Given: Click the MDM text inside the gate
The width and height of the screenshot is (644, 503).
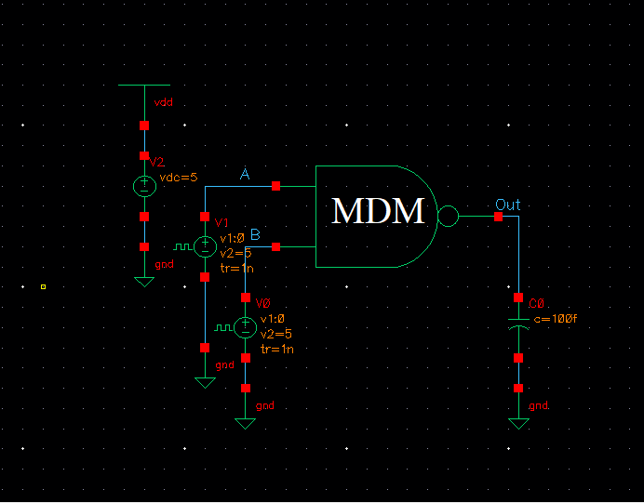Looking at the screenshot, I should point(378,212).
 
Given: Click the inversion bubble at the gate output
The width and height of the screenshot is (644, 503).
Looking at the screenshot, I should point(448,217).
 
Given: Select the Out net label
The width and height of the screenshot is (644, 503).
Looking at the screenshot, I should point(508,205).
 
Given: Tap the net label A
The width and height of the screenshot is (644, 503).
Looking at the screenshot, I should point(245,176).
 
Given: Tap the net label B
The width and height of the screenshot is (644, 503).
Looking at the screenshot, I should point(255,233).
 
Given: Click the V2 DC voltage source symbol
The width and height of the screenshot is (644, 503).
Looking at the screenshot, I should point(144,186).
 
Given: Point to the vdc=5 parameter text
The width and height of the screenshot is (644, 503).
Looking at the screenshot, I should point(179,177).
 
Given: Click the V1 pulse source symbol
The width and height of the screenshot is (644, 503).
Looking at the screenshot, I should point(205,246).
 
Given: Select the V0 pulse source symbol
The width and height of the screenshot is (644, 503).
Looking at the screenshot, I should point(245,327).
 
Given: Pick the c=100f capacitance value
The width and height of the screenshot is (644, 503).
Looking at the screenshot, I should point(556,318).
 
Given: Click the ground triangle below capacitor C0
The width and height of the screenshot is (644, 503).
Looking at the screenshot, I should point(518,423).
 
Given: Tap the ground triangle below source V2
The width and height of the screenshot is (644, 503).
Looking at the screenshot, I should point(144,281).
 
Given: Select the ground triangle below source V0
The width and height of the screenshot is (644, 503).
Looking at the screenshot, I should point(245,423).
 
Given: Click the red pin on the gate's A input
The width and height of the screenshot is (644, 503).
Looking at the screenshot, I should point(276,187).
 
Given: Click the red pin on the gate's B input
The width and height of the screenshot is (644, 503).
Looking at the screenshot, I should point(276,246).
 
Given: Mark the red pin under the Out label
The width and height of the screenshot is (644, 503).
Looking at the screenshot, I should point(499,217).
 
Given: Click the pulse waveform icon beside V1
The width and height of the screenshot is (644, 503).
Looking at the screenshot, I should point(182,247).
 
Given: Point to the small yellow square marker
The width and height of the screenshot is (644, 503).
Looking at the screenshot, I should point(43,286).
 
